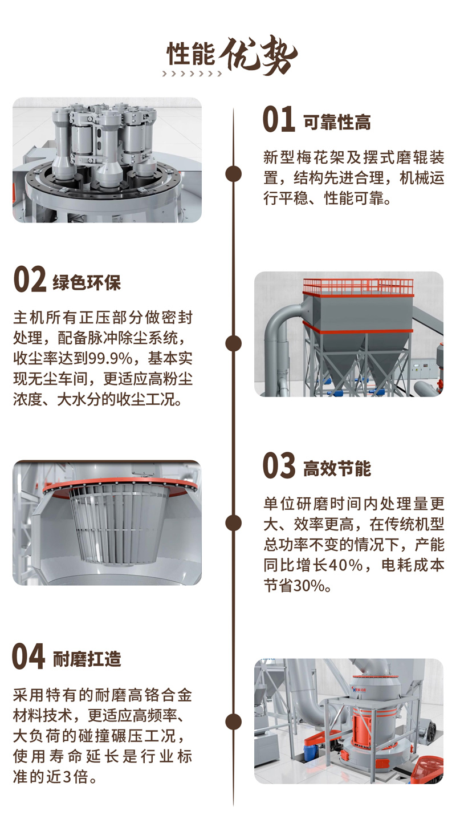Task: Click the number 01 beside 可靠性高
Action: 279,119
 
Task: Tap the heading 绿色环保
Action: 87,283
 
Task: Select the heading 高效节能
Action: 337,468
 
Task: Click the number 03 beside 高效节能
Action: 279,465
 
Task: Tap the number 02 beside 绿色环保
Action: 30,279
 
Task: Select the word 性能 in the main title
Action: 190,53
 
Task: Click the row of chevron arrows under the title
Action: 192,74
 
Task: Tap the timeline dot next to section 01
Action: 234,173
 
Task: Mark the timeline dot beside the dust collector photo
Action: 234,343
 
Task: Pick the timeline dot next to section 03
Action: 234,523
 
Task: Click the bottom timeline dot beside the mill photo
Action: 234,722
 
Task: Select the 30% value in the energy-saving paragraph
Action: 309,586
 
